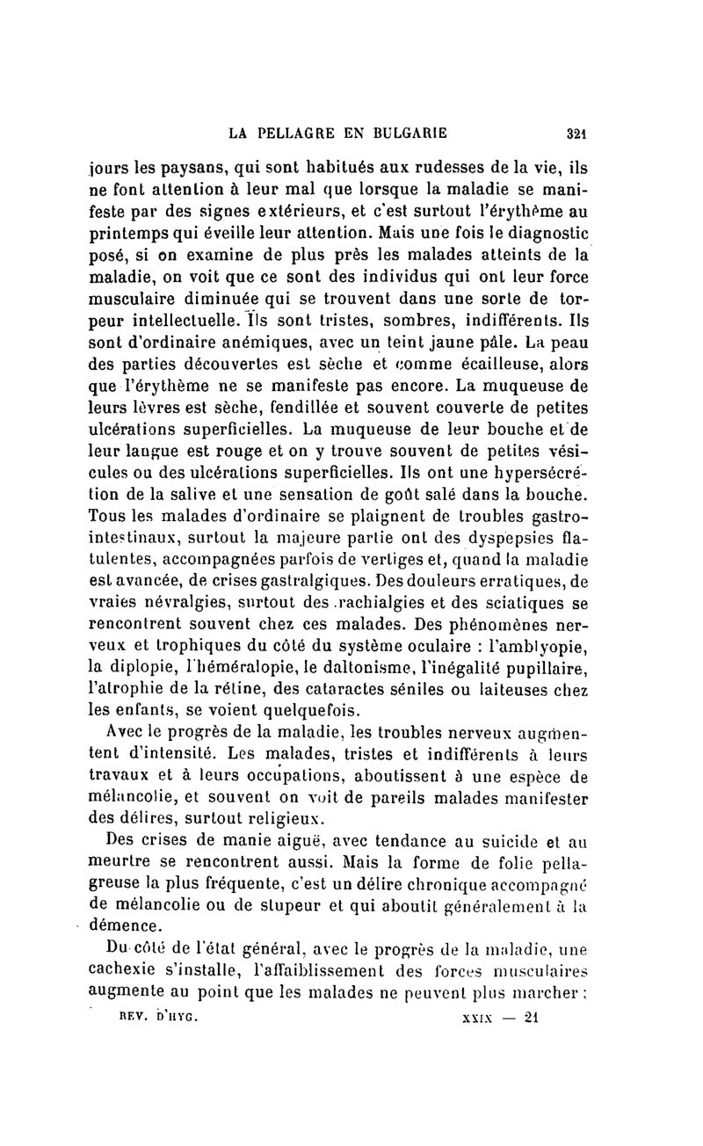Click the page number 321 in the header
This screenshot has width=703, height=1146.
[576, 134]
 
